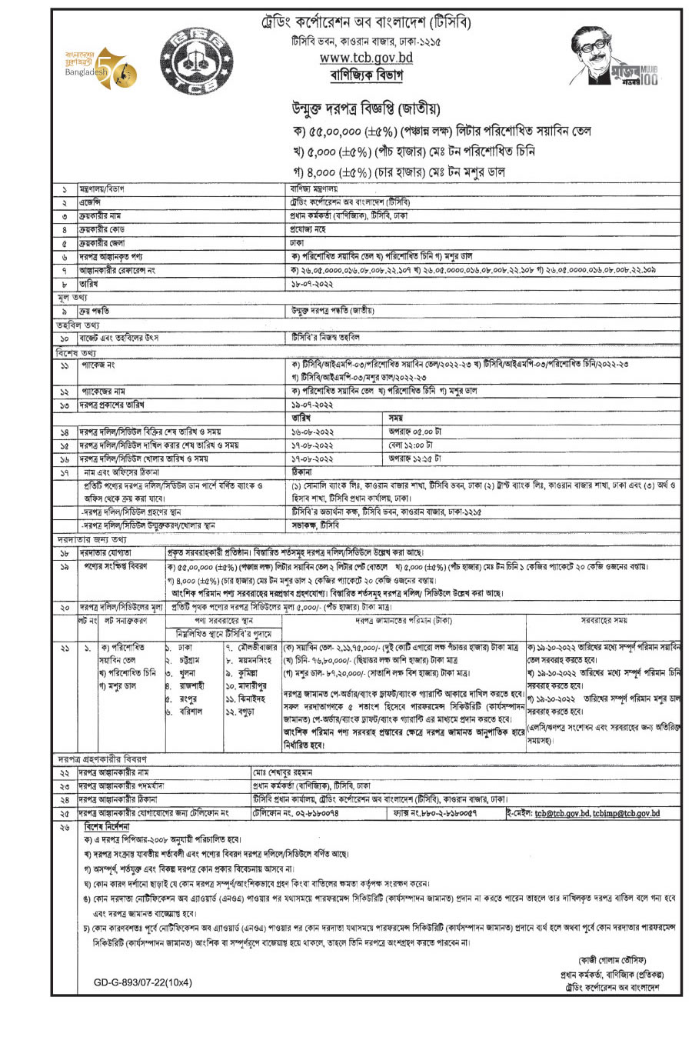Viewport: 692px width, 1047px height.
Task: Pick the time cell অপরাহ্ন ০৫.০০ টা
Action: [415, 432]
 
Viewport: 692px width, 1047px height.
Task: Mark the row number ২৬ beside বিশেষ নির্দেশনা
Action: [65, 826]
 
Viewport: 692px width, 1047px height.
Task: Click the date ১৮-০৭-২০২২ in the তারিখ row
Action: [311, 283]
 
